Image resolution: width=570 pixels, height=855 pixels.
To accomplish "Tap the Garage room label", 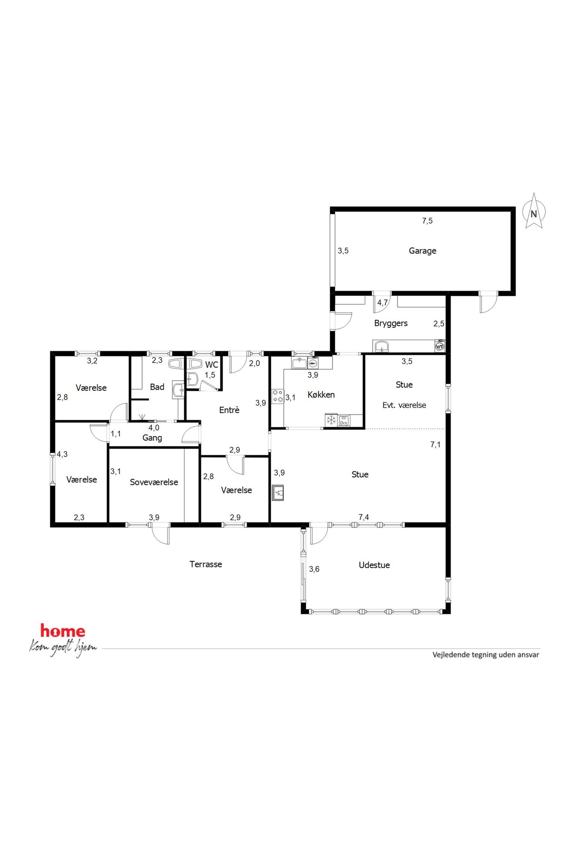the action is click(x=422, y=251).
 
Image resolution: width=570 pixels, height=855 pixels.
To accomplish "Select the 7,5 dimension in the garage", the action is click(x=427, y=221).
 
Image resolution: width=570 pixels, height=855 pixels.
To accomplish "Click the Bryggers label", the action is click(x=391, y=323).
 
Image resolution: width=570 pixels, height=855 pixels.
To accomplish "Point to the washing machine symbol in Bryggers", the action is click(x=440, y=346).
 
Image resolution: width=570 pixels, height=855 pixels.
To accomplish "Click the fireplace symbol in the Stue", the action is click(x=278, y=492).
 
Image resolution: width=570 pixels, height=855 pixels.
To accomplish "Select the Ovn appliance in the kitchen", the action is click(x=344, y=421).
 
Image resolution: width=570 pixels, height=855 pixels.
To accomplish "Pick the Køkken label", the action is click(x=321, y=395).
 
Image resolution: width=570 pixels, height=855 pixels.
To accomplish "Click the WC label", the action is click(x=211, y=365).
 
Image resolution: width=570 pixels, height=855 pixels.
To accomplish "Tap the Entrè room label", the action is click(x=229, y=410).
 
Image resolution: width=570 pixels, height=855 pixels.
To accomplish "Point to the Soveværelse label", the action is click(x=154, y=482).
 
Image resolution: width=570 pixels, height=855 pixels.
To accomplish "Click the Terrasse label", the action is click(x=206, y=564).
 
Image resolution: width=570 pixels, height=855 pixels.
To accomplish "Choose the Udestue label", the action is click(x=374, y=565).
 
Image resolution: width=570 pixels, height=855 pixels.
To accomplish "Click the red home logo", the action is click(x=63, y=631).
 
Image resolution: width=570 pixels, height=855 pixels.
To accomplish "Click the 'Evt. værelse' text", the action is click(x=404, y=405).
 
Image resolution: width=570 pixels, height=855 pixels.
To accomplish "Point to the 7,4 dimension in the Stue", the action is click(x=363, y=517).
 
